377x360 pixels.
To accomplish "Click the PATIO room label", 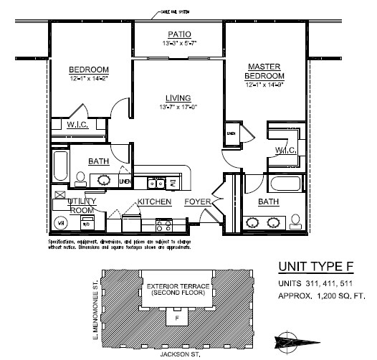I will [x=178, y=34].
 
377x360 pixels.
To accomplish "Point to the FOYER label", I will [x=197, y=202].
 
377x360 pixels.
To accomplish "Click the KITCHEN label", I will [x=154, y=202].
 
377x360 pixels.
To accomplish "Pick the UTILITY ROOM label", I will [x=81, y=206].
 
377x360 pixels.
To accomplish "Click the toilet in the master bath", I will [x=295, y=219].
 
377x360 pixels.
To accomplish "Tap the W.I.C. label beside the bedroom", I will [x=77, y=125].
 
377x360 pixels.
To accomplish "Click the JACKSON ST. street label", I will [x=176, y=354].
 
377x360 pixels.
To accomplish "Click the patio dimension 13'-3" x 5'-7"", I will [x=178, y=43].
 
